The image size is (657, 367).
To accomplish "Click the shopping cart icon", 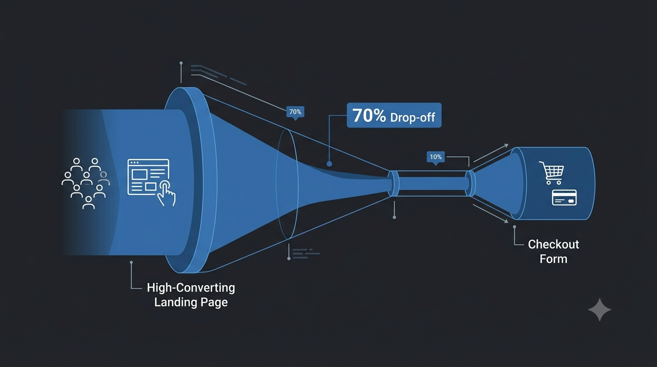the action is pos(551,173).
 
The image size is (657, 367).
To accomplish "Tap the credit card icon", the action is pos(564,197).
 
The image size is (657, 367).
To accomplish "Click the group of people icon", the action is pos(85,183).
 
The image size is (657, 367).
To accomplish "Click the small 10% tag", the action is pos(435,158).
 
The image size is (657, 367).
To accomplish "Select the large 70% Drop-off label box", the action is pos(394,115).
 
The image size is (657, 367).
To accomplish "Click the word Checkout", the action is pos(553,244).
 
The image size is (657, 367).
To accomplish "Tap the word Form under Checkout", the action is pos(553,259).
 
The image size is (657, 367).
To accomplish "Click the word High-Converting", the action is pos(191,288).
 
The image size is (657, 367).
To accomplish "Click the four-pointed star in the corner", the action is pos(600,310).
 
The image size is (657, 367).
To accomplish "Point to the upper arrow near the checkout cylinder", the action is pos(491,153).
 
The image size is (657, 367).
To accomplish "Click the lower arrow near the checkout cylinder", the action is pos(491,214).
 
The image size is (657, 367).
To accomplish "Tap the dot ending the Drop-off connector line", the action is pos(329,164).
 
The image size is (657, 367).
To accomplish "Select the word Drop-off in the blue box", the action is pos(413,117).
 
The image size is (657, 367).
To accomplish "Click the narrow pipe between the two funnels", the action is pos(432,183).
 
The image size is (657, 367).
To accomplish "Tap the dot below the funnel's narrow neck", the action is pos(394,217).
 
